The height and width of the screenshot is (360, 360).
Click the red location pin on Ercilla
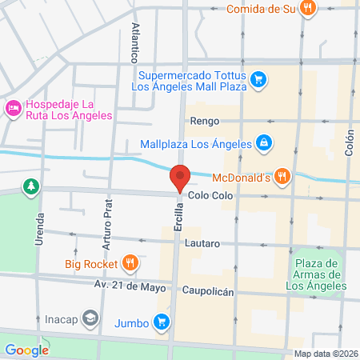point(180,178)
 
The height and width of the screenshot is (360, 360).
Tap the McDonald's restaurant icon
point(281,176)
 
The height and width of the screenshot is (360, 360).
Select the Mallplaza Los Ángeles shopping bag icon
point(264,144)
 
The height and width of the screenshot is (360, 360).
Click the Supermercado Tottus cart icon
point(258,79)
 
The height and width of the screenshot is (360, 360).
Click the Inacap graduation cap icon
point(90,317)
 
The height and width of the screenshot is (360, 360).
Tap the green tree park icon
point(31,186)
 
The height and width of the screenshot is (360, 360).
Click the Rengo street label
point(204,122)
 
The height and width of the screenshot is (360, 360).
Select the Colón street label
point(349,143)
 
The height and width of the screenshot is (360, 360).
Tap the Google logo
point(26,350)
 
